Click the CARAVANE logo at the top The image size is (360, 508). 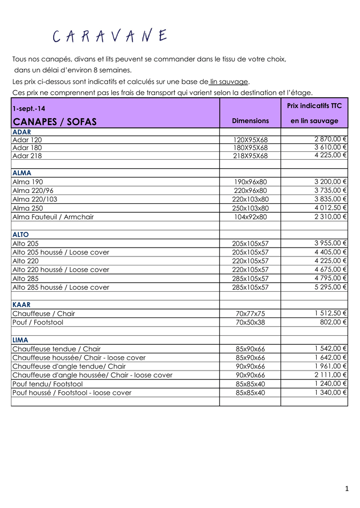(110, 37)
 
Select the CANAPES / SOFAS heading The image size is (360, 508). (55, 122)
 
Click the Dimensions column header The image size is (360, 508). (250, 121)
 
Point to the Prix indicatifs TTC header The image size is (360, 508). (314, 106)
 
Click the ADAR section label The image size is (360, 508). (22, 132)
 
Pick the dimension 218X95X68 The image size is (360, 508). (250, 156)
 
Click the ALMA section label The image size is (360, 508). (22, 173)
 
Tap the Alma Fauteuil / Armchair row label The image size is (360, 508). (53, 217)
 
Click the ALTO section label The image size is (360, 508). (21, 235)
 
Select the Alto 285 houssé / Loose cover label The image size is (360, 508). (61, 287)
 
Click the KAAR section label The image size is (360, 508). (21, 305)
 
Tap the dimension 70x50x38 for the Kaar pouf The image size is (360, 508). (250, 322)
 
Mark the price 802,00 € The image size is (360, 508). (333, 322)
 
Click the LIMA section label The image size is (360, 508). (20, 340)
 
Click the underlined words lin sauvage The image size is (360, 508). (229, 81)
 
